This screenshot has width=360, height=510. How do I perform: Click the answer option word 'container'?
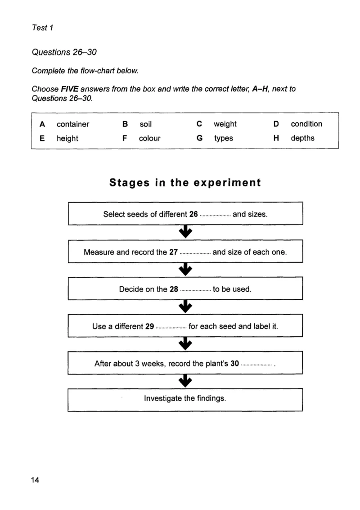click(73, 124)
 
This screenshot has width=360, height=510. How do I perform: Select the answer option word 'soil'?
click(146, 124)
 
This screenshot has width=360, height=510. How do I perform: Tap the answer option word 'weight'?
click(225, 124)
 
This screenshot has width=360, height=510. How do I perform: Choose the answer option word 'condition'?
click(306, 124)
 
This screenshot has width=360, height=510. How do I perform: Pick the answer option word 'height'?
click(67, 139)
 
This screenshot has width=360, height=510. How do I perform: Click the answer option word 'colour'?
click(149, 138)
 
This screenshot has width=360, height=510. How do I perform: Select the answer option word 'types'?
click(223, 138)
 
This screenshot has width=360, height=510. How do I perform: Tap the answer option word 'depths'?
click(302, 138)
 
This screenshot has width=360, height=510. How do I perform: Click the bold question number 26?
click(193, 214)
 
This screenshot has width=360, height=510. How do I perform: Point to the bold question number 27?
click(173, 252)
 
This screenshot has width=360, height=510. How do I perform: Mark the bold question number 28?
click(174, 289)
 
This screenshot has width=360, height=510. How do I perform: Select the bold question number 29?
click(149, 326)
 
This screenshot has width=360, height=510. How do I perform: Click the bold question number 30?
click(235, 363)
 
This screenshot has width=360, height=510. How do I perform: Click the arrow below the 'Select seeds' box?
click(185, 231)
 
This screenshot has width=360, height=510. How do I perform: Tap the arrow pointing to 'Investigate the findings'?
click(185, 381)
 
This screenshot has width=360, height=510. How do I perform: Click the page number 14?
click(35, 480)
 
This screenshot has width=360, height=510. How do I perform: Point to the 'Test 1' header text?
click(43, 27)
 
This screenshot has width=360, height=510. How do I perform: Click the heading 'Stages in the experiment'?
click(185, 182)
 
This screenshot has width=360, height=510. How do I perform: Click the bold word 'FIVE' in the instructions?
click(70, 89)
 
